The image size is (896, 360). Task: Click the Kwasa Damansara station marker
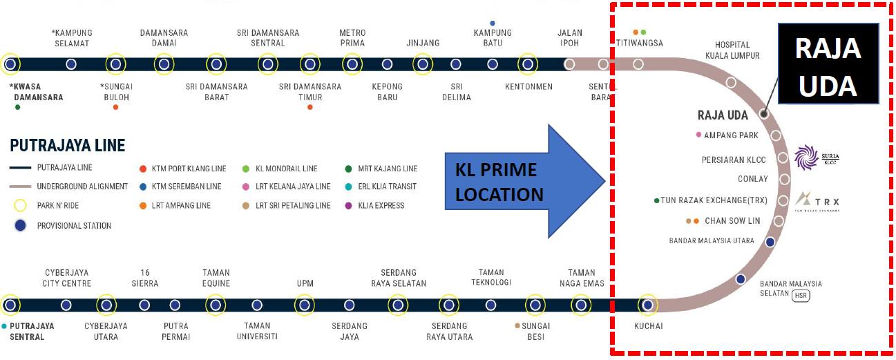(x=10, y=64)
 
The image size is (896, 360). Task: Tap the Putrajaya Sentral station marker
(x=10, y=305)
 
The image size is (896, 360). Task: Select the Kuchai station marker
(x=647, y=304)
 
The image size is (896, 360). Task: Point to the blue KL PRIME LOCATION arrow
(x=525, y=181)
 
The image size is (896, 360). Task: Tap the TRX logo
(x=816, y=202)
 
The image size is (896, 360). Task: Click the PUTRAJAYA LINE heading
(x=68, y=146)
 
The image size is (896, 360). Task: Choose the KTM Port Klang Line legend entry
(x=182, y=168)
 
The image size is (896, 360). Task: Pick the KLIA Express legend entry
(x=377, y=205)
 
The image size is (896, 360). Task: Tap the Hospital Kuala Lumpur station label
(x=732, y=50)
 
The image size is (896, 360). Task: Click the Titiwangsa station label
(x=639, y=43)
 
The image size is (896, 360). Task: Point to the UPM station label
(x=305, y=284)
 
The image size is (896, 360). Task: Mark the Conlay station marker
(x=785, y=180)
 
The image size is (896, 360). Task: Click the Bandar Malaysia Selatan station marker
(x=741, y=279)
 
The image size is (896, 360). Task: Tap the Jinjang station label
(x=423, y=43)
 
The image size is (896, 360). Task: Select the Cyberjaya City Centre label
(x=67, y=278)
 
